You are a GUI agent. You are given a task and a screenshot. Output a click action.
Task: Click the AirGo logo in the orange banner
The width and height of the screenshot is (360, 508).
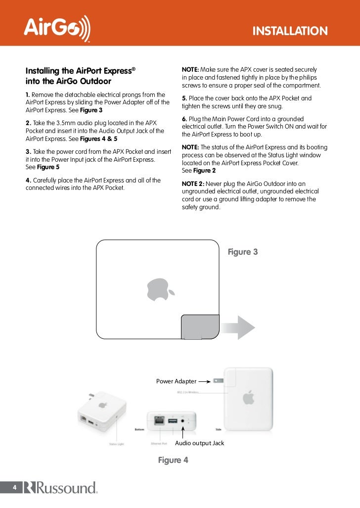(x=57, y=28)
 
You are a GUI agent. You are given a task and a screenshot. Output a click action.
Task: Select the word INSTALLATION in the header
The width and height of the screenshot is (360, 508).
(x=290, y=32)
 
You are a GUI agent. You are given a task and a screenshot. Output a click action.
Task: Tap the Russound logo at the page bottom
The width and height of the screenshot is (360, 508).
(x=60, y=488)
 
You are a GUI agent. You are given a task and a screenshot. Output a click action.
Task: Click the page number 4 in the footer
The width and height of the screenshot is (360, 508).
(x=15, y=488)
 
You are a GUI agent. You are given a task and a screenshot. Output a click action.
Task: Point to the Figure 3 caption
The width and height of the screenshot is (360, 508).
(x=242, y=252)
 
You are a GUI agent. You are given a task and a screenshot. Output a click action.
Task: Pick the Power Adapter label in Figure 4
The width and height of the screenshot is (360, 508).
(x=176, y=381)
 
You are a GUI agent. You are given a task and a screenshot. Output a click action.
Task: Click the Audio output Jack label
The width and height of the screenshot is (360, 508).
(x=199, y=443)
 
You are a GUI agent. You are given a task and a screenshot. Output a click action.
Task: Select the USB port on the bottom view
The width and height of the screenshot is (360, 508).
(x=173, y=420)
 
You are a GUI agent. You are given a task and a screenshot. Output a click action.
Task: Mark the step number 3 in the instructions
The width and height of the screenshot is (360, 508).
(x=28, y=150)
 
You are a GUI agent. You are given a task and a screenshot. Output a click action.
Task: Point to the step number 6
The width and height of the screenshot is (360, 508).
(x=184, y=119)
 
